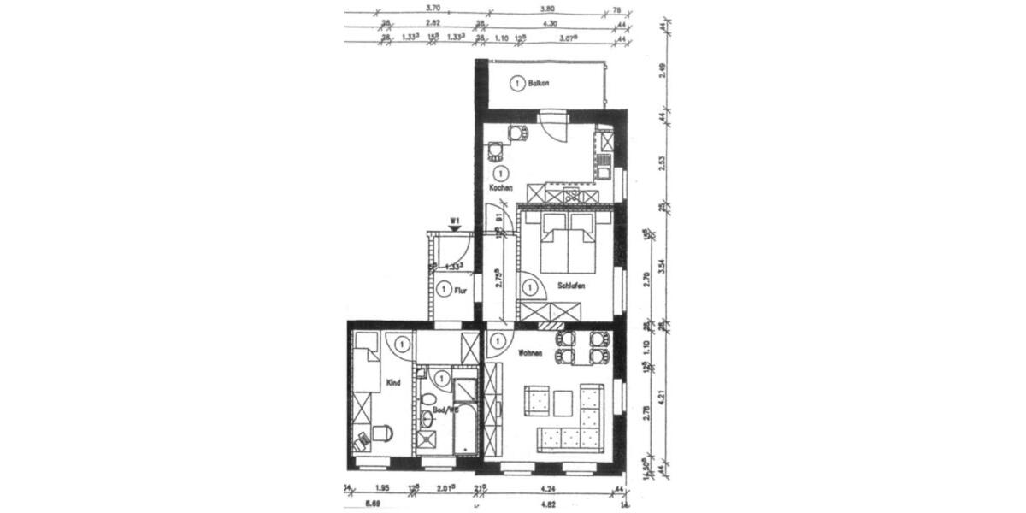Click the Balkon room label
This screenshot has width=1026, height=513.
point(539,84)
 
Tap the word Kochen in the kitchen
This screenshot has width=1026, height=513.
point(500,187)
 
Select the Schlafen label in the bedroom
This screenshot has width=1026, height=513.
point(571,286)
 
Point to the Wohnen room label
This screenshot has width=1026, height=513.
point(531,351)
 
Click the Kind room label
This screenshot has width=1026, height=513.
point(393,382)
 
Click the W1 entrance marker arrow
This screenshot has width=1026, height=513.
point(456,227)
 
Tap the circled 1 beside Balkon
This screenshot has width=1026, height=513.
point(516,84)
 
